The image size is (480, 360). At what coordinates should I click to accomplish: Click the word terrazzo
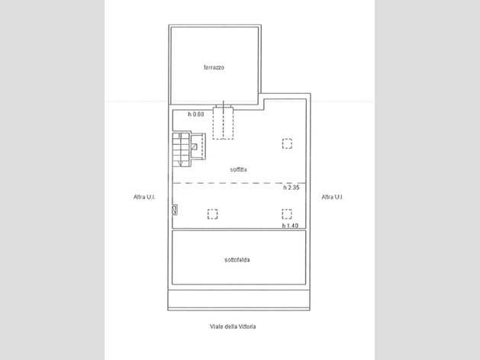[214, 67]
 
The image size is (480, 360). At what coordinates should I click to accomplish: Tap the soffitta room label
[238, 169]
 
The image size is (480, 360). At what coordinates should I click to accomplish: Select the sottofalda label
[237, 260]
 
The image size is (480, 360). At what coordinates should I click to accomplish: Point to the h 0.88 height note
[196, 114]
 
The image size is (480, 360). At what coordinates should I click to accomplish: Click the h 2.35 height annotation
[291, 188]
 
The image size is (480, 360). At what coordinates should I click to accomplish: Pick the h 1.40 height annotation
[290, 226]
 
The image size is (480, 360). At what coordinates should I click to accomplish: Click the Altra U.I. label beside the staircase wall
[144, 197]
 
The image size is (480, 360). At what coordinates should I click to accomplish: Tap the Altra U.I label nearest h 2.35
[332, 197]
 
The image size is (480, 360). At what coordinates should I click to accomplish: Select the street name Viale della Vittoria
[233, 326]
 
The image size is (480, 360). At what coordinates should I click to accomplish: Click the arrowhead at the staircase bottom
[180, 163]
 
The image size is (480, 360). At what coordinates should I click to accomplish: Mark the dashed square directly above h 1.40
[287, 214]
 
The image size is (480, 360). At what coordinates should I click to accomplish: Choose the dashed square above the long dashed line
[287, 143]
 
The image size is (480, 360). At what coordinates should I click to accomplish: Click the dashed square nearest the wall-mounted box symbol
[212, 214]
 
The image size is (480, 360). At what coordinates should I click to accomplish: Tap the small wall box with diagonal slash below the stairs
[175, 210]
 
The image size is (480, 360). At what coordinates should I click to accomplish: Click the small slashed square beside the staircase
[194, 146]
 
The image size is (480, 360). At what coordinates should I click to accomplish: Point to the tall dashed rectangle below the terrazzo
[223, 123]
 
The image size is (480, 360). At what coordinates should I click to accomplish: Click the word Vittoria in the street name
[246, 326]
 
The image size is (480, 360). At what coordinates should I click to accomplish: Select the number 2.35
[293, 188]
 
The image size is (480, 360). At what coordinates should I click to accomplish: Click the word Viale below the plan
[216, 326]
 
